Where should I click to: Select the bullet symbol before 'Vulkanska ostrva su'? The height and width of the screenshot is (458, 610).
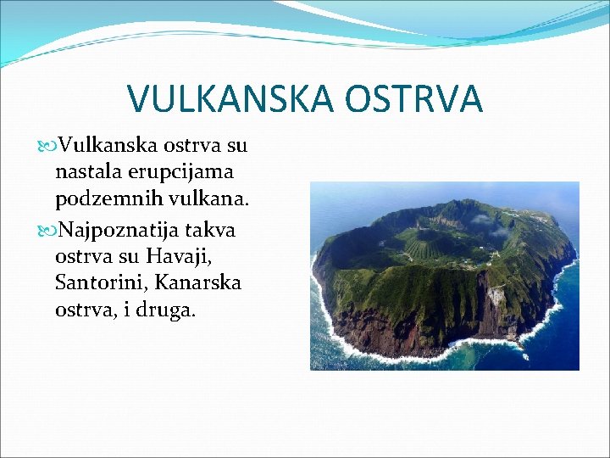tap(45, 146)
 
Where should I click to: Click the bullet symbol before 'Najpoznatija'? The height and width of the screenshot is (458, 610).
tap(45, 231)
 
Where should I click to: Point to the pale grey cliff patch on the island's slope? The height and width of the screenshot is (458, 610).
tap(496, 296)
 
